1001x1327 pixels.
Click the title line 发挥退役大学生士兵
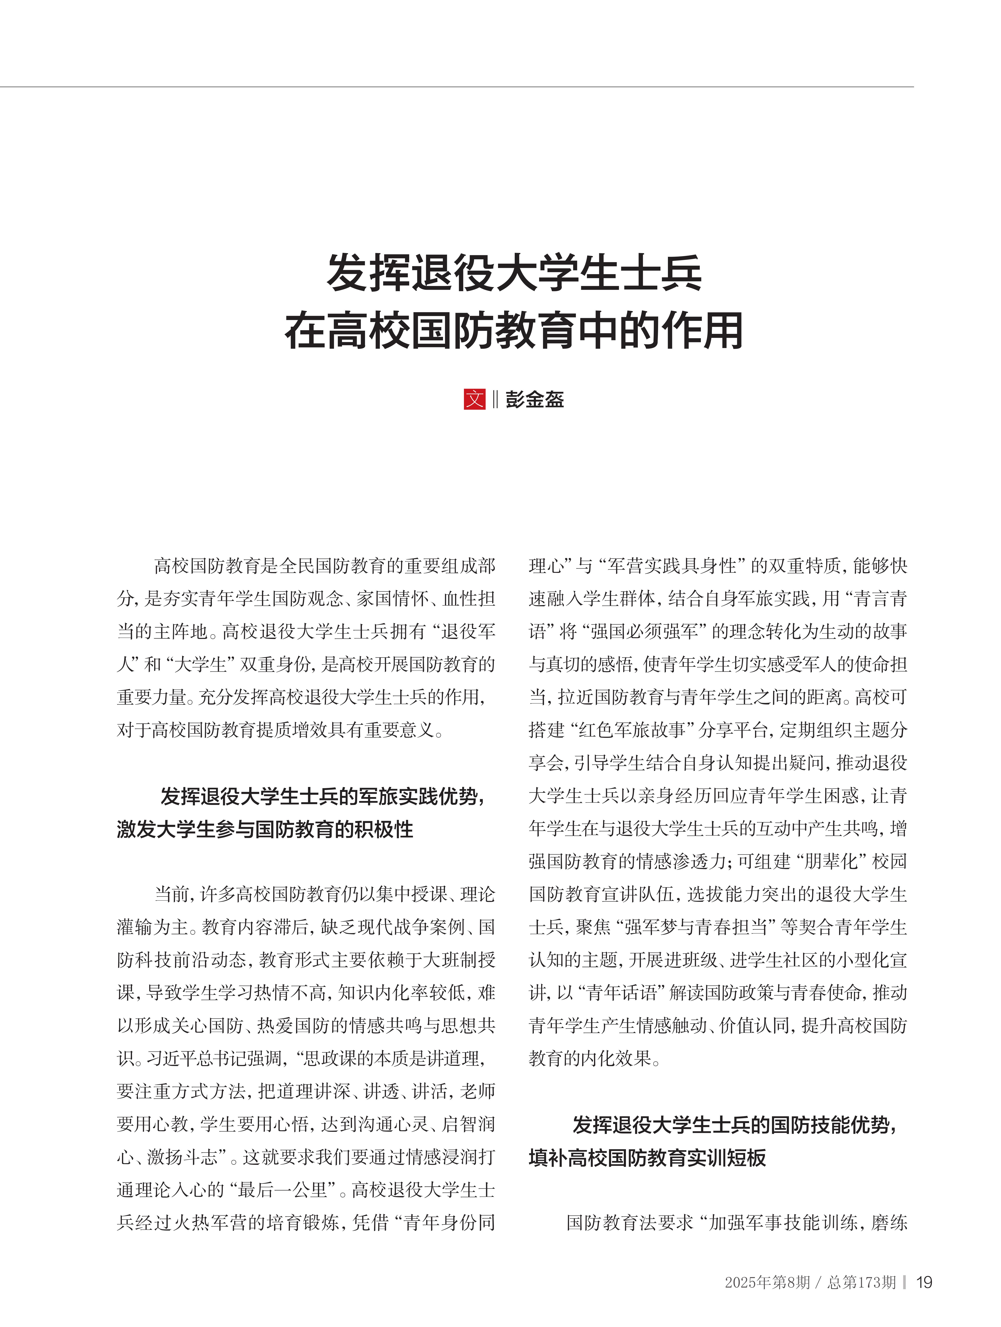514,274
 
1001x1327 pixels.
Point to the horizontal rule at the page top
456,87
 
